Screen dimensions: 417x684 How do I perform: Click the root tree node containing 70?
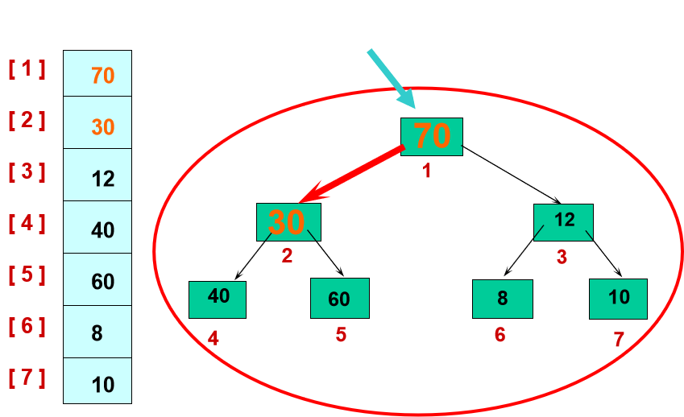pyautogui.click(x=432, y=136)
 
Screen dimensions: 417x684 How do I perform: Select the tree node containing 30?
pyautogui.click(x=288, y=221)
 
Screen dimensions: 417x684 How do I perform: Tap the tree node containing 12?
pyautogui.click(x=563, y=222)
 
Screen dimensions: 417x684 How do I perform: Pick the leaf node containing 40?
pyautogui.click(x=218, y=299)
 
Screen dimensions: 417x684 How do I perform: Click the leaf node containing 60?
pyautogui.click(x=339, y=298)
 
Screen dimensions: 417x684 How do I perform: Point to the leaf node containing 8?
pyautogui.click(x=502, y=299)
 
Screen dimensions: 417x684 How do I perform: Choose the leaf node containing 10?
pyautogui.click(x=618, y=299)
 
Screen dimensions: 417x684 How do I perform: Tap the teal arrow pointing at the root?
pyautogui.click(x=392, y=79)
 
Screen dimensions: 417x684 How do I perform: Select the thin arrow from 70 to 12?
pyautogui.click(x=512, y=174)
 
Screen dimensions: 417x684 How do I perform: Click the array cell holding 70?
pyautogui.click(x=97, y=74)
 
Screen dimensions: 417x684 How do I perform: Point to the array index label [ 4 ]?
pyautogui.click(x=27, y=223)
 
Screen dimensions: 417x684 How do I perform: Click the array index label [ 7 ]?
pyautogui.click(x=27, y=378)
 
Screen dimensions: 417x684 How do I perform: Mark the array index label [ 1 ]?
pyautogui.click(x=27, y=68)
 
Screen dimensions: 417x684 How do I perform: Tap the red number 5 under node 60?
pyautogui.click(x=341, y=334)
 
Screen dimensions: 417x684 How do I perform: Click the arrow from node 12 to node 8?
pyautogui.click(x=522, y=251)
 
